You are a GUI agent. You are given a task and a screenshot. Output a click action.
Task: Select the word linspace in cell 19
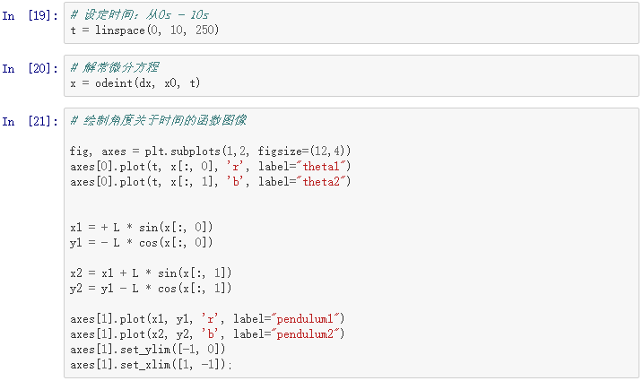(x=120, y=30)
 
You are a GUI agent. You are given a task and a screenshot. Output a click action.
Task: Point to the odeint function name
(x=111, y=83)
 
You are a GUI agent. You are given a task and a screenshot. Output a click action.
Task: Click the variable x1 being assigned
(x=75, y=227)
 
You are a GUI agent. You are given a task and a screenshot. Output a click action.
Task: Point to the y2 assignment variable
(x=75, y=288)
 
